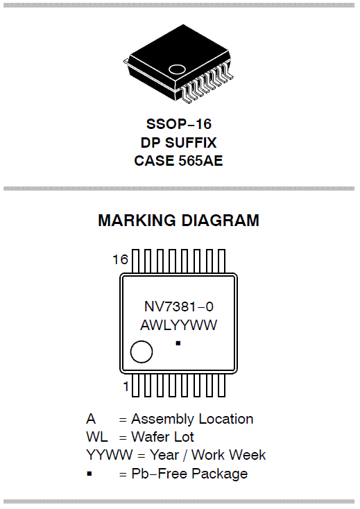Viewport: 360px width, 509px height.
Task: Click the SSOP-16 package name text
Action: pos(179,124)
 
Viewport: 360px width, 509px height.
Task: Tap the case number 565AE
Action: pos(200,161)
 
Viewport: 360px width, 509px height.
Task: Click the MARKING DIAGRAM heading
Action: pos(178,221)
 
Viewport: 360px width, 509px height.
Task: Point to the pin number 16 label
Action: pos(121,259)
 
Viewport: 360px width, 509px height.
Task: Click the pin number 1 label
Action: pos(126,387)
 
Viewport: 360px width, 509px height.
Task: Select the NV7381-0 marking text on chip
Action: pos(179,307)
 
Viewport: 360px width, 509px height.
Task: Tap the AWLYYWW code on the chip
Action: pos(178,325)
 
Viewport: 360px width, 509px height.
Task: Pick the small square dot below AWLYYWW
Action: pos(178,343)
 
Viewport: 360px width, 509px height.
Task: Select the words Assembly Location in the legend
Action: pos(192,419)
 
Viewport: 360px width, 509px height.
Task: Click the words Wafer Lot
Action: pos(162,438)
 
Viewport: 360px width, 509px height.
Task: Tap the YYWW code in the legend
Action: pos(110,455)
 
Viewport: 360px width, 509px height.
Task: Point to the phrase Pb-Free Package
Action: pos(189,474)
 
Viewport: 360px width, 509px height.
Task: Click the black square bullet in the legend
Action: pos(89,474)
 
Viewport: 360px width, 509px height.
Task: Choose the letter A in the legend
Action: pos(91,419)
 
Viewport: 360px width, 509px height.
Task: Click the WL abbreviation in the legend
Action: pos(97,438)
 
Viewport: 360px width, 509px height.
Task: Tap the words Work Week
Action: pos(228,455)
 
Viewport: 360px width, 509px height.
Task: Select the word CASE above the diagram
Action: pos(155,161)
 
